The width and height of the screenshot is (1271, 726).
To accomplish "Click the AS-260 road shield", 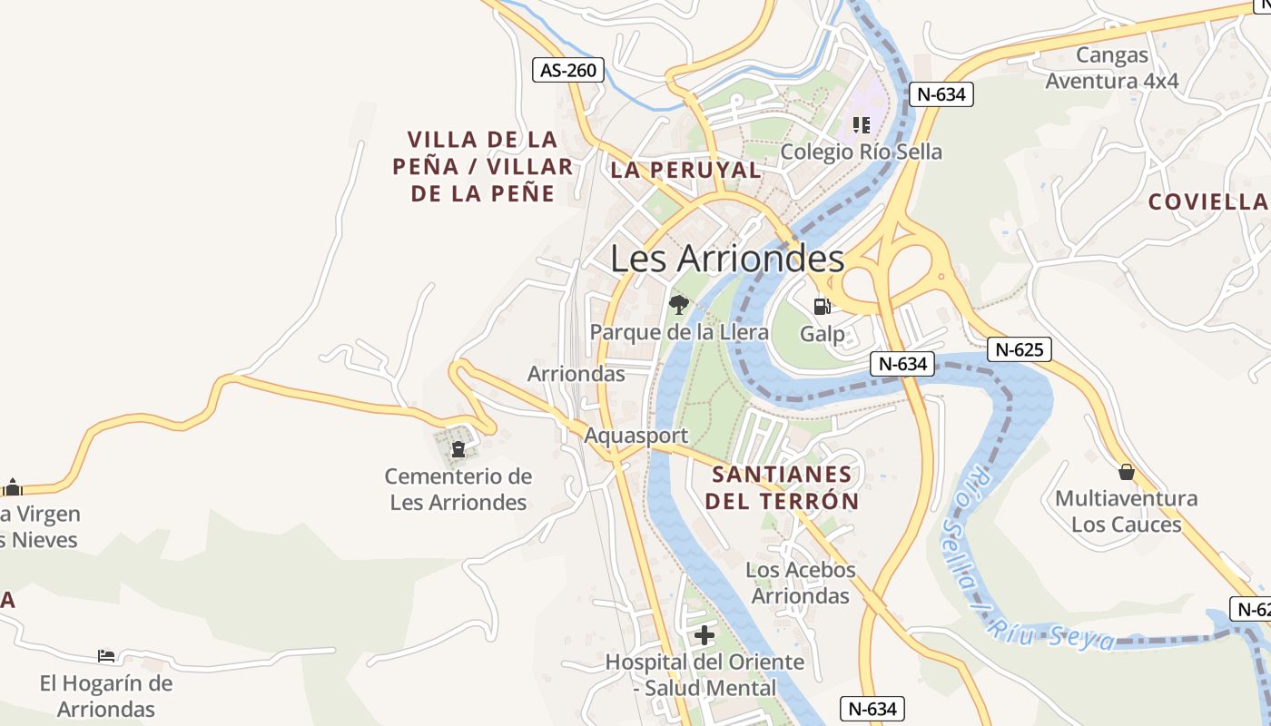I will point(567,70).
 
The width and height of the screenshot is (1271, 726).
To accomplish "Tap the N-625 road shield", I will point(1020,349).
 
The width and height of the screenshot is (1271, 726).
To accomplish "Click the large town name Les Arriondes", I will point(727,259).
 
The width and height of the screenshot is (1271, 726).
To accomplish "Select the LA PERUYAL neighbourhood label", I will point(685,170).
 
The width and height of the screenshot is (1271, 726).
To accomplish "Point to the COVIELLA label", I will point(1207,202).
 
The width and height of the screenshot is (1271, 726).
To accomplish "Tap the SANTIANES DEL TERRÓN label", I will point(782,487).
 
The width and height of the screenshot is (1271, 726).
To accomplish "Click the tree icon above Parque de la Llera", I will point(678,304).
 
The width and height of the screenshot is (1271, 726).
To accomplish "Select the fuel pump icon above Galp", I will point(822,306).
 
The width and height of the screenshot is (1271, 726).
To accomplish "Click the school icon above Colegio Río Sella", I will point(861,124).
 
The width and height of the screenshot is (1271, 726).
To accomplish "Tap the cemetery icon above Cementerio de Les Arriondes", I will point(458,448).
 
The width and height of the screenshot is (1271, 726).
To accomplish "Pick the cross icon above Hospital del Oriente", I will point(704,634).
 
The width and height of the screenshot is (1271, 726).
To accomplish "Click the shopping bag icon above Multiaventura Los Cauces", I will point(1126,472).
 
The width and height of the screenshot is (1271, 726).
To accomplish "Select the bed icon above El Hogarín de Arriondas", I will point(106,655).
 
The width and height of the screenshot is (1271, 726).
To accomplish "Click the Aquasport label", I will point(635,436).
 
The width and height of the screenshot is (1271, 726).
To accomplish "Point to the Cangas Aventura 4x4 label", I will point(1111,68).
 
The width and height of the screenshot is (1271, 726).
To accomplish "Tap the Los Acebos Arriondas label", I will point(801,583).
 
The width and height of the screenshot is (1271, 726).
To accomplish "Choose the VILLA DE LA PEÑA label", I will point(482,166).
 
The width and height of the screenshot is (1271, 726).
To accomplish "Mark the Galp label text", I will point(822,334).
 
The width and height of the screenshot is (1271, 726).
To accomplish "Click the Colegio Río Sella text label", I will point(861,152).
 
